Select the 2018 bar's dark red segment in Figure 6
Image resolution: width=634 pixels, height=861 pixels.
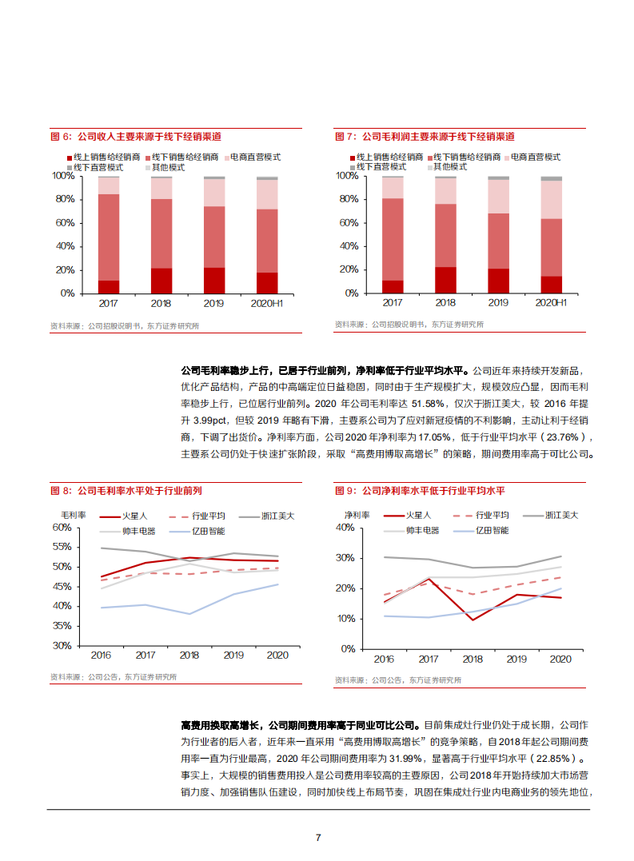(x=161, y=280)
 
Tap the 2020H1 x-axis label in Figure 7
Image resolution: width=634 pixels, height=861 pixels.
(x=551, y=304)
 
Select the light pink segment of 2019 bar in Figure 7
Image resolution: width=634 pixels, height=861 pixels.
(x=498, y=196)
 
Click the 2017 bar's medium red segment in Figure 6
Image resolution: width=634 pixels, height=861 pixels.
(x=109, y=237)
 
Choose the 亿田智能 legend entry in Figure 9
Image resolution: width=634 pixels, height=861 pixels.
(x=492, y=529)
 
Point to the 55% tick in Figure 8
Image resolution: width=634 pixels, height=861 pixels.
(x=62, y=548)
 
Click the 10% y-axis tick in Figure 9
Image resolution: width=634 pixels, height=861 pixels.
(x=345, y=619)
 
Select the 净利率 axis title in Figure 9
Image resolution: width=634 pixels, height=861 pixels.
(x=356, y=516)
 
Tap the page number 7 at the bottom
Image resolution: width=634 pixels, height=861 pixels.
(x=318, y=837)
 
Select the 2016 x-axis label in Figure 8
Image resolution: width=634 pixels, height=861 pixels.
(x=101, y=656)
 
